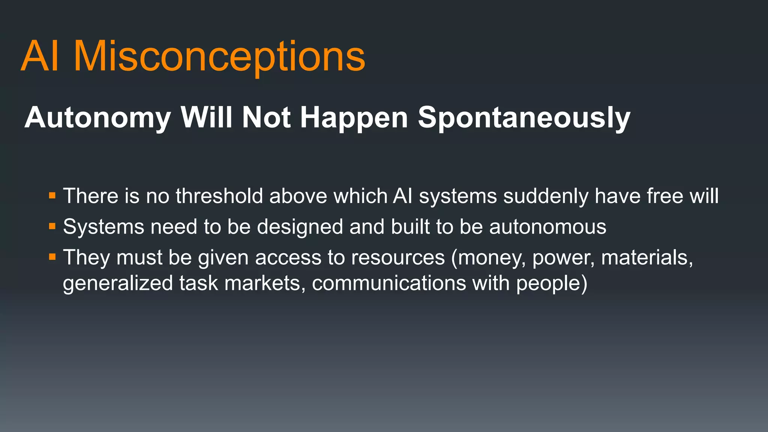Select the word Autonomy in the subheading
click(97, 118)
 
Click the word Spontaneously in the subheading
click(524, 118)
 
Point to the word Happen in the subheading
click(354, 118)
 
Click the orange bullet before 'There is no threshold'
click(52, 196)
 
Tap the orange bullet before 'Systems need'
click(52, 226)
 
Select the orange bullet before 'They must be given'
click(52, 257)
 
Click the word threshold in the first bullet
click(219, 196)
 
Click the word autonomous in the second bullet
click(547, 227)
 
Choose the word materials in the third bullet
click(647, 258)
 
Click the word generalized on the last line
click(118, 283)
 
